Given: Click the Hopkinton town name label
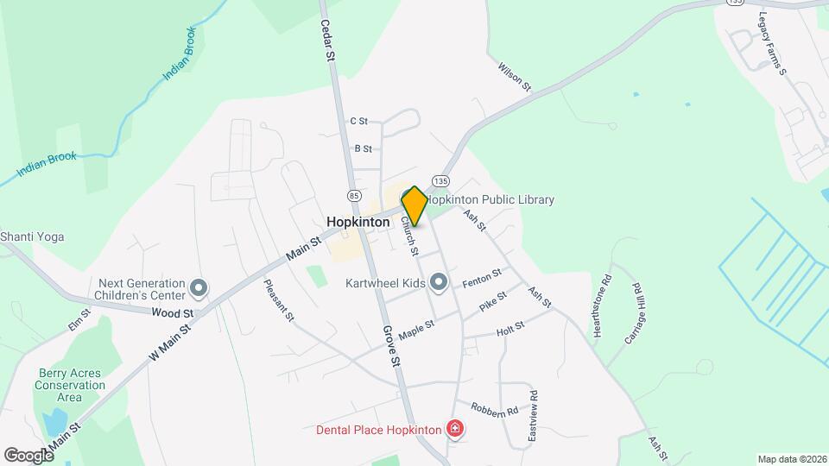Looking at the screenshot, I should click(x=364, y=222).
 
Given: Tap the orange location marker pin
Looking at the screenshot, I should click(x=414, y=206).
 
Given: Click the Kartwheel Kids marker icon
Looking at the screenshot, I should click(x=439, y=282).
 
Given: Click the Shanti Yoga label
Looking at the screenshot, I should click(x=32, y=236).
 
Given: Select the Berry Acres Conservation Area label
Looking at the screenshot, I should click(x=70, y=386).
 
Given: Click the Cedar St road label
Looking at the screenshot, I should click(x=327, y=41).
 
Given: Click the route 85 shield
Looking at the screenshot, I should click(x=353, y=184).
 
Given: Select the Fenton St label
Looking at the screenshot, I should click(x=482, y=278).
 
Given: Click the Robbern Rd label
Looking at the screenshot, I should click(x=494, y=408).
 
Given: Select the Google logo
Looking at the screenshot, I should click(x=28, y=455).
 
